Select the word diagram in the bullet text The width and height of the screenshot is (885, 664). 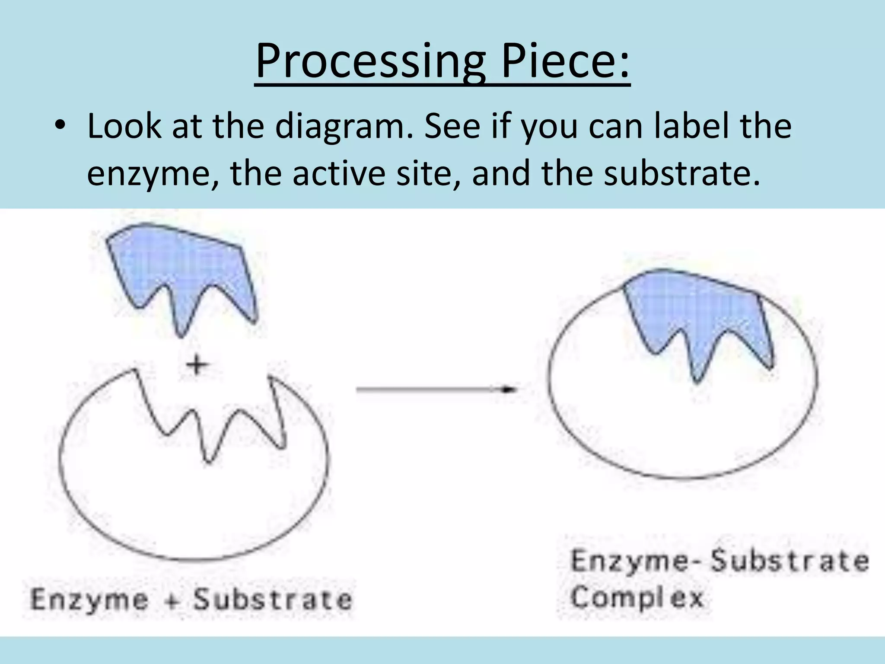click(x=341, y=127)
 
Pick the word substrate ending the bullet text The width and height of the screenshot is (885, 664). click(x=681, y=173)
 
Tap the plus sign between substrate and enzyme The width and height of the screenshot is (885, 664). click(x=197, y=365)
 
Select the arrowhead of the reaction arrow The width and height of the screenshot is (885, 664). click(x=510, y=389)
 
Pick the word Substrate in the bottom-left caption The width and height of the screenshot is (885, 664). click(x=273, y=600)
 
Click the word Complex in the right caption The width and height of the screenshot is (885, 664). click(x=637, y=598)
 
